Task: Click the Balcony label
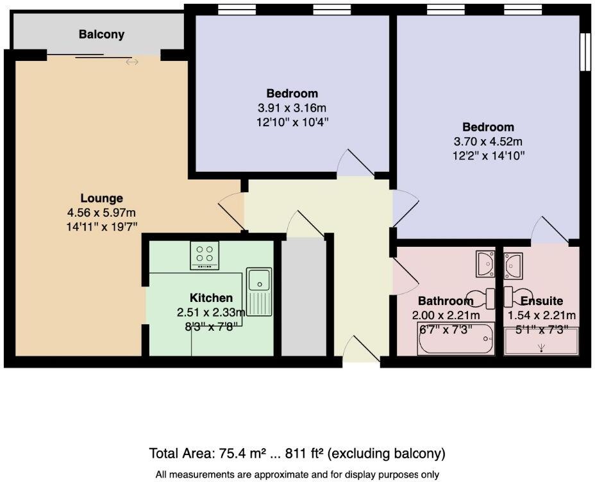[x=101, y=35]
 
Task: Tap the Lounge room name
[x=102, y=198]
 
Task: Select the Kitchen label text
[x=211, y=297]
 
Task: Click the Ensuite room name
[x=542, y=301]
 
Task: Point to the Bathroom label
[x=446, y=301]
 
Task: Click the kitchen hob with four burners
[x=205, y=255]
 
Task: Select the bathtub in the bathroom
[x=456, y=338]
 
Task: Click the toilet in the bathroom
[x=480, y=297]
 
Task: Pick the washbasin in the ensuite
[x=513, y=264]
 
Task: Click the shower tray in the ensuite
[x=541, y=341]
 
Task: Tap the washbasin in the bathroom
[x=485, y=263]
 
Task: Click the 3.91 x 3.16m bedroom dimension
[x=292, y=108]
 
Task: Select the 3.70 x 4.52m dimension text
[x=488, y=142]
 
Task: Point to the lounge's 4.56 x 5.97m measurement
[x=102, y=212]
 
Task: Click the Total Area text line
[x=297, y=453]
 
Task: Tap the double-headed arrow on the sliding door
[x=132, y=62]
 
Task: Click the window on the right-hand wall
[x=585, y=51]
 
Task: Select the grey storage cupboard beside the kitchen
[x=303, y=297]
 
